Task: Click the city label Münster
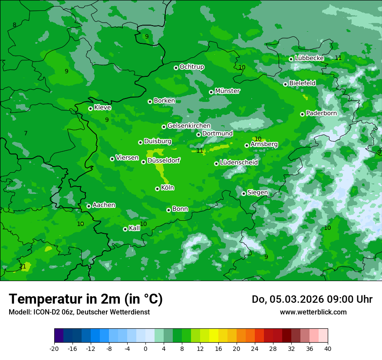coord(227,91)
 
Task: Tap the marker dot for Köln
coord(157,189)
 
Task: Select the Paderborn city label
coord(321,113)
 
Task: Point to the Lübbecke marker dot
coord(291,59)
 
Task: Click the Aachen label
coord(104,205)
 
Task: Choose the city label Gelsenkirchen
coord(189,126)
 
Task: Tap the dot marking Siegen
coord(244,193)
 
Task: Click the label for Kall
coord(135,228)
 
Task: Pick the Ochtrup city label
coord(191,67)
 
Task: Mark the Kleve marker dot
coord(90,108)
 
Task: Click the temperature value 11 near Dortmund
coord(200,151)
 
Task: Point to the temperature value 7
coord(26,133)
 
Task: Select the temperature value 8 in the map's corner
coord(14,25)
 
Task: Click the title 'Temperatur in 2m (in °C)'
coord(86,299)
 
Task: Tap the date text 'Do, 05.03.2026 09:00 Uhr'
coord(312,299)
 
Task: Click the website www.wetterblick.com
coord(313,312)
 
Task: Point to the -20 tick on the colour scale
coord(54,349)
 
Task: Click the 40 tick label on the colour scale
coord(327,349)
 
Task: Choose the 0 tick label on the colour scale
coord(145,349)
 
